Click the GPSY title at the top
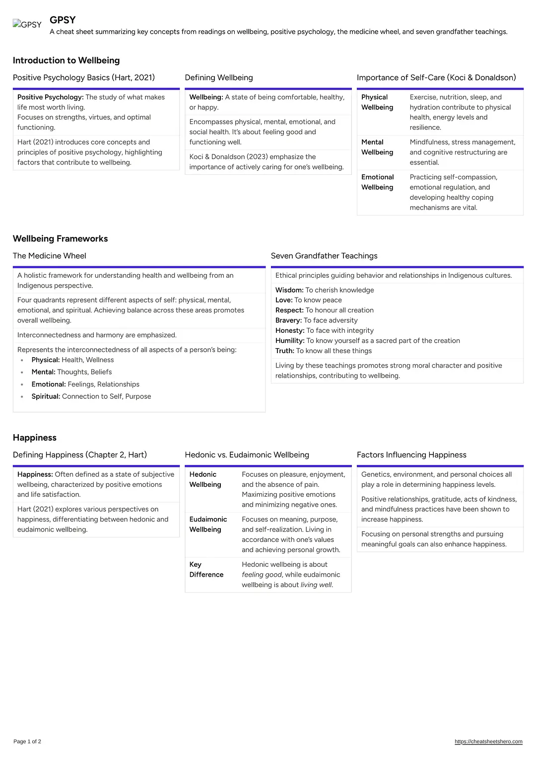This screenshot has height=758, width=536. [63, 20]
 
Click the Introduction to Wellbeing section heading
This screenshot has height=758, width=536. [66, 61]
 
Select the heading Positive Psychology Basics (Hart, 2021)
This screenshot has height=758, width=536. [84, 77]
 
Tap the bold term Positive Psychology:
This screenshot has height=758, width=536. [50, 97]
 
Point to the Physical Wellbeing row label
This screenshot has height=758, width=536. [377, 102]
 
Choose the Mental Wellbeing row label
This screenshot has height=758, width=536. [377, 147]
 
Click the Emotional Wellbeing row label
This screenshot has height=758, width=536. [377, 182]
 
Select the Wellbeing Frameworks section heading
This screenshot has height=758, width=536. [60, 239]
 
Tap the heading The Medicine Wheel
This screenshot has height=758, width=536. [50, 256]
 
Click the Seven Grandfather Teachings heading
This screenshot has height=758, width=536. [324, 256]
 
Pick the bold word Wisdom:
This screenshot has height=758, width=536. [289, 290]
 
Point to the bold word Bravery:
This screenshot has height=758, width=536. [288, 320]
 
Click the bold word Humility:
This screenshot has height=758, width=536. [290, 341]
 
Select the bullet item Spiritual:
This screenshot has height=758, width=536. [46, 396]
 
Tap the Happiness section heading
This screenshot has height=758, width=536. [35, 438]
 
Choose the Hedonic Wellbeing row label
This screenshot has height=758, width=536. [205, 479]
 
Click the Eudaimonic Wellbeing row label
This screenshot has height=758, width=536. [208, 524]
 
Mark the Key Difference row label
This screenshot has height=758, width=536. [206, 569]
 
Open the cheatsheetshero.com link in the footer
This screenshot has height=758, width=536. [488, 742]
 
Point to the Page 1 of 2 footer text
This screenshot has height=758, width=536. [27, 742]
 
